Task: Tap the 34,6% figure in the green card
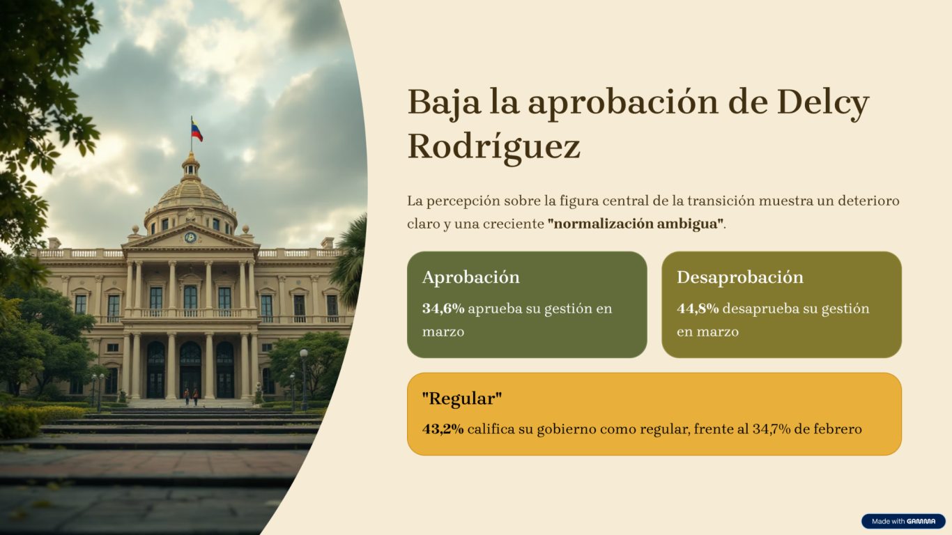(443, 309)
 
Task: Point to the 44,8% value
(698, 309)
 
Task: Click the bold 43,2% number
(443, 429)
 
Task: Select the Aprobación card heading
(471, 277)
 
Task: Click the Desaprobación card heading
(740, 277)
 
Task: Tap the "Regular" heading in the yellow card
(462, 398)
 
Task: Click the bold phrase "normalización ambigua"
(636, 224)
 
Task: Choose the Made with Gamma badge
(903, 521)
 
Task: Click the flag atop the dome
(197, 130)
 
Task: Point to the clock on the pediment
(190, 238)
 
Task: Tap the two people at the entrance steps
(191, 397)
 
